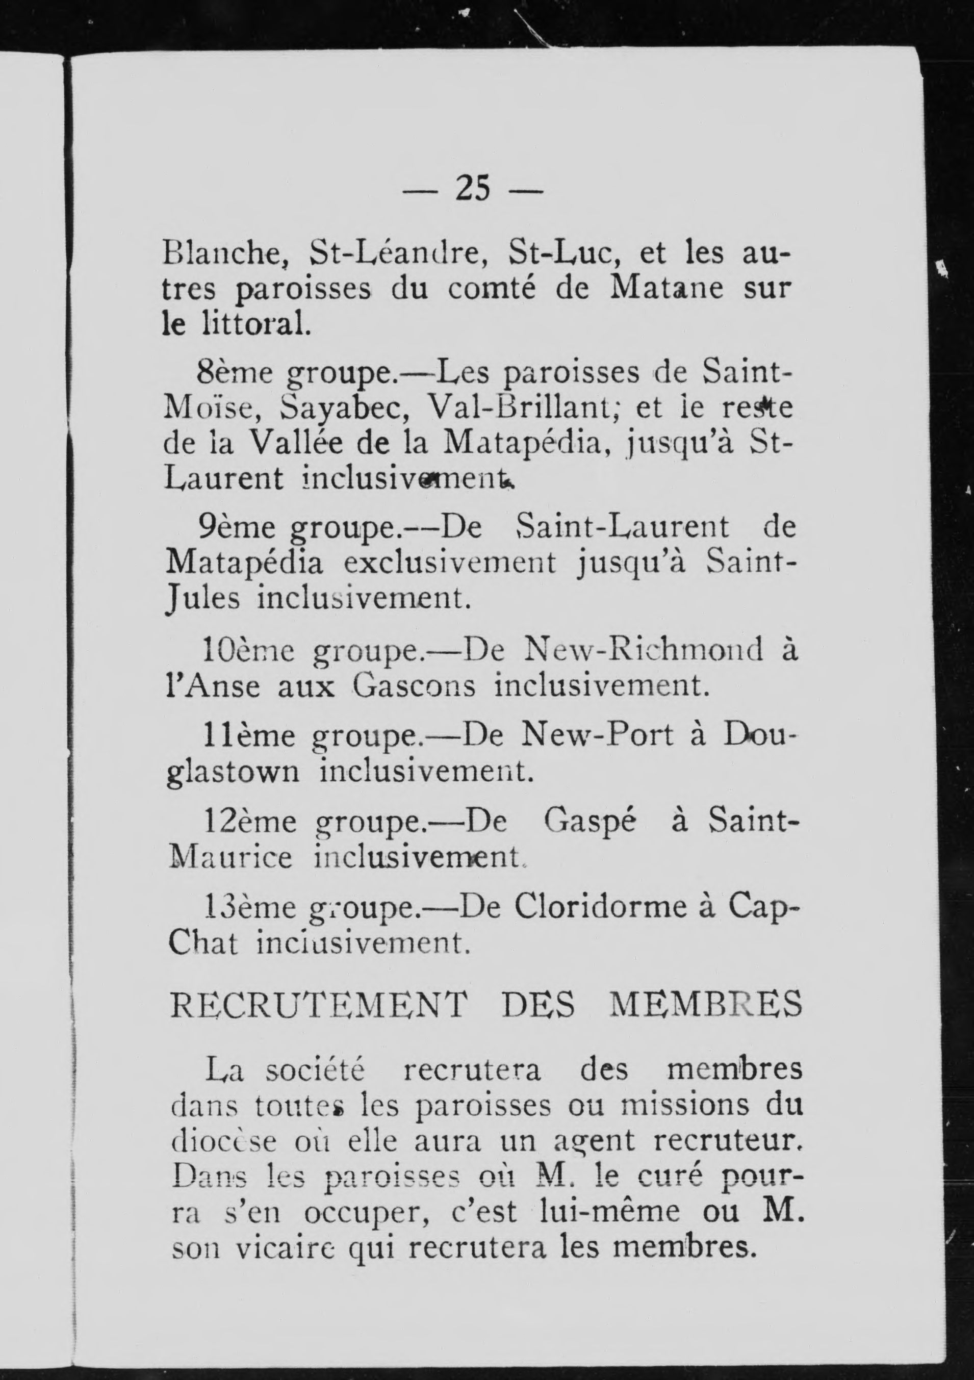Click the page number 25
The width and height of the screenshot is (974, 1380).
click(x=473, y=190)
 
